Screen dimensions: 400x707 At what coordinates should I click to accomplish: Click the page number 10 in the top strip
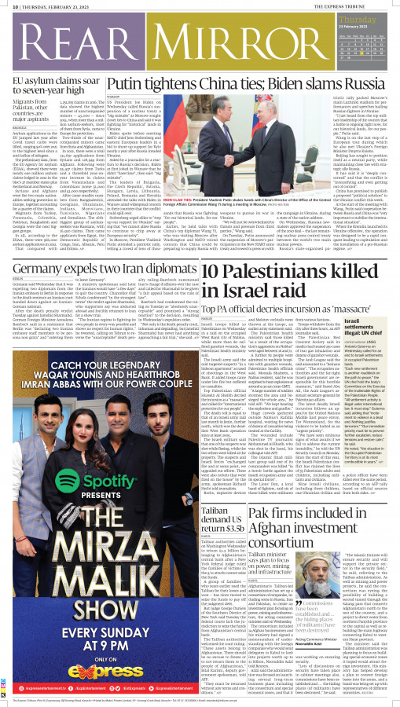7,5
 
